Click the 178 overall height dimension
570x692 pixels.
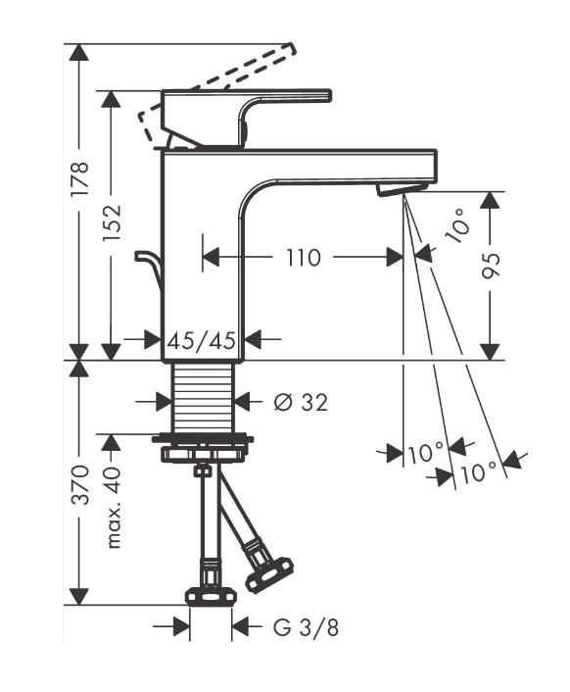81,179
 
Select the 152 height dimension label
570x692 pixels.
112,222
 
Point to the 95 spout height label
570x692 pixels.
491,267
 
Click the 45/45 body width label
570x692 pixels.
202,340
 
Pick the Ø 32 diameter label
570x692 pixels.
301,402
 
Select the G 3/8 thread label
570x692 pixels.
306,627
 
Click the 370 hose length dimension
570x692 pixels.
81,484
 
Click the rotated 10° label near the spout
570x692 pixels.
458,226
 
